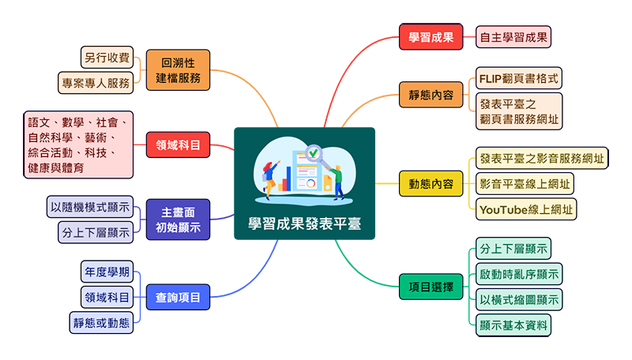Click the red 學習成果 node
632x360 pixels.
(431, 37)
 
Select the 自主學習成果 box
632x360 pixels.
(513, 37)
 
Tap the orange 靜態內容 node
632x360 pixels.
(431, 95)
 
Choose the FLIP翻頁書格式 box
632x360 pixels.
(519, 79)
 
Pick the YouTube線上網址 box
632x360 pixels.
(526, 209)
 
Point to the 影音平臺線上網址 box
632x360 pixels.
(525, 184)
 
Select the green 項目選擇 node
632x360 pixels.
(431, 288)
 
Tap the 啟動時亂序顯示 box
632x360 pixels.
(519, 275)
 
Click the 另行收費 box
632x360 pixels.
(106, 58)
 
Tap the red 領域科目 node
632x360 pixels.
(179, 144)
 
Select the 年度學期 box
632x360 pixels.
(107, 273)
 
